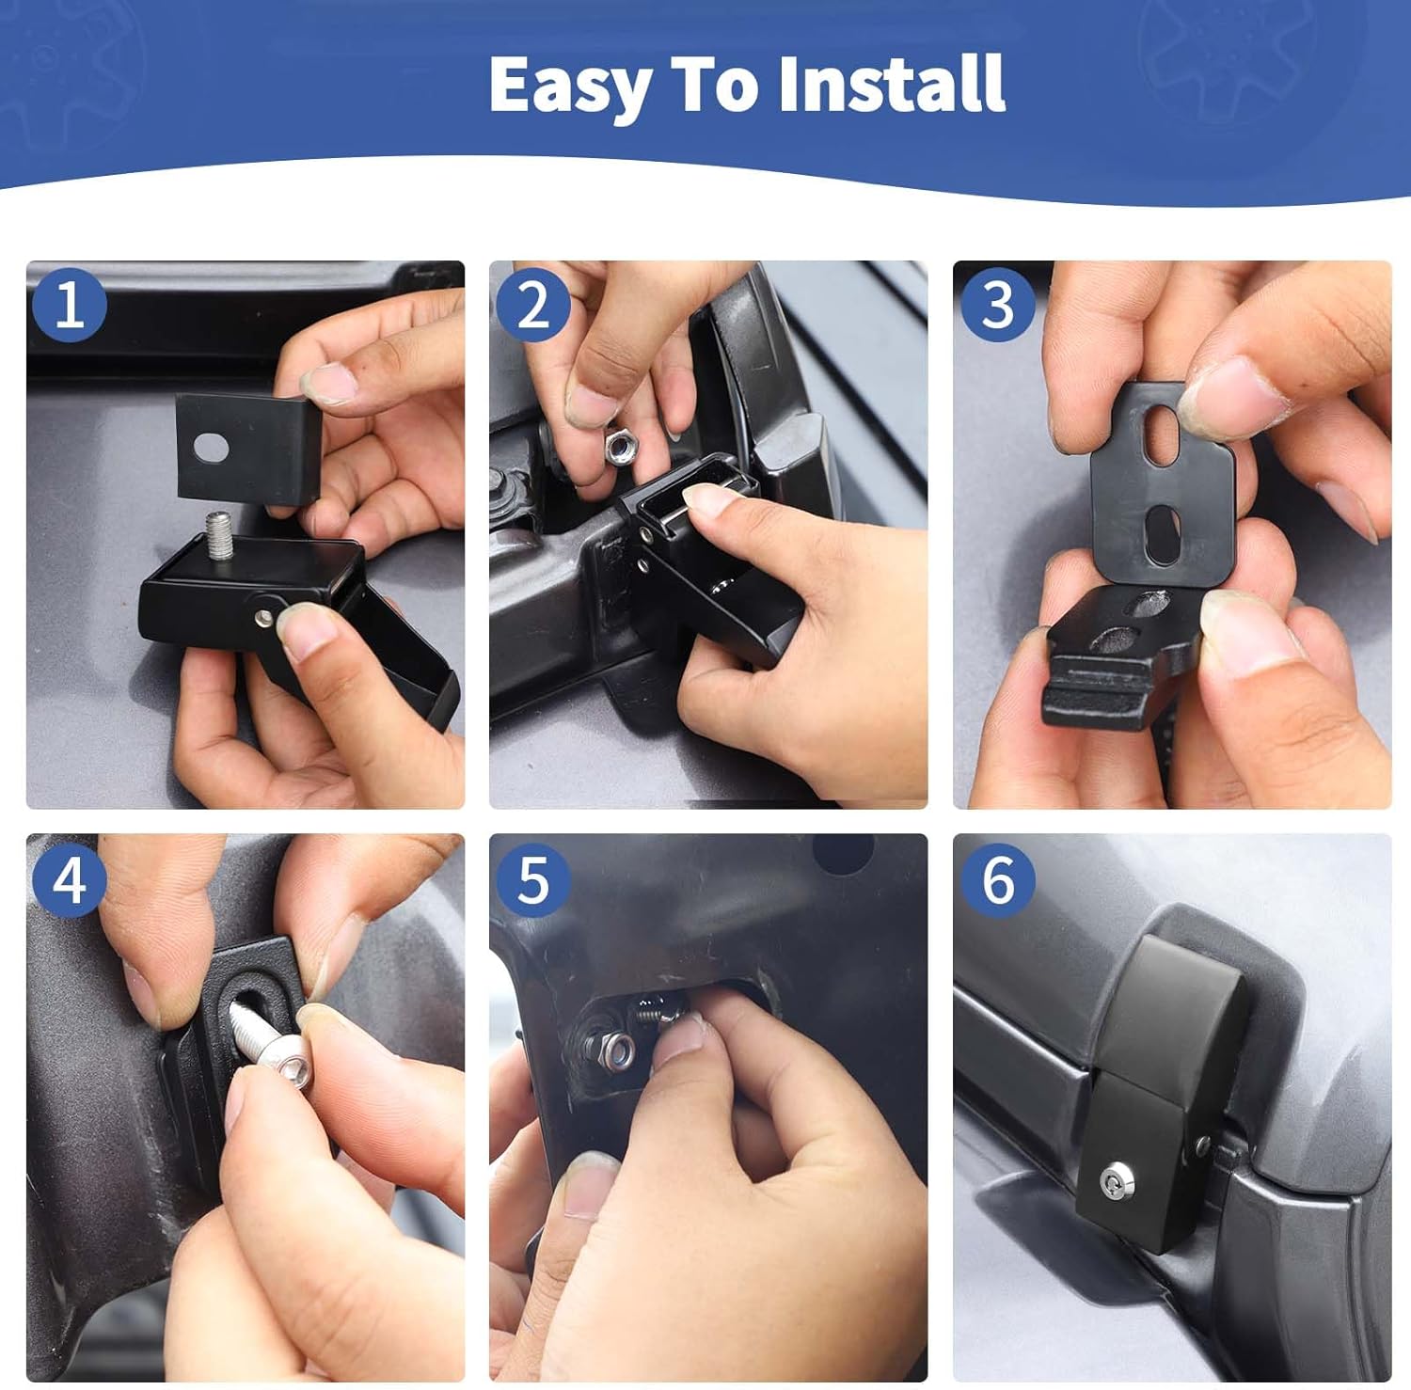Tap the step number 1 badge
70,305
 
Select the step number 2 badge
532,305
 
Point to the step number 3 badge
997,305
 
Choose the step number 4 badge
70,881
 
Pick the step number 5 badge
532,881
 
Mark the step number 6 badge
997,881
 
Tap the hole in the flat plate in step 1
212,449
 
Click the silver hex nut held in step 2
621,447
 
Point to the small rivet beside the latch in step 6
1201,1145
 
